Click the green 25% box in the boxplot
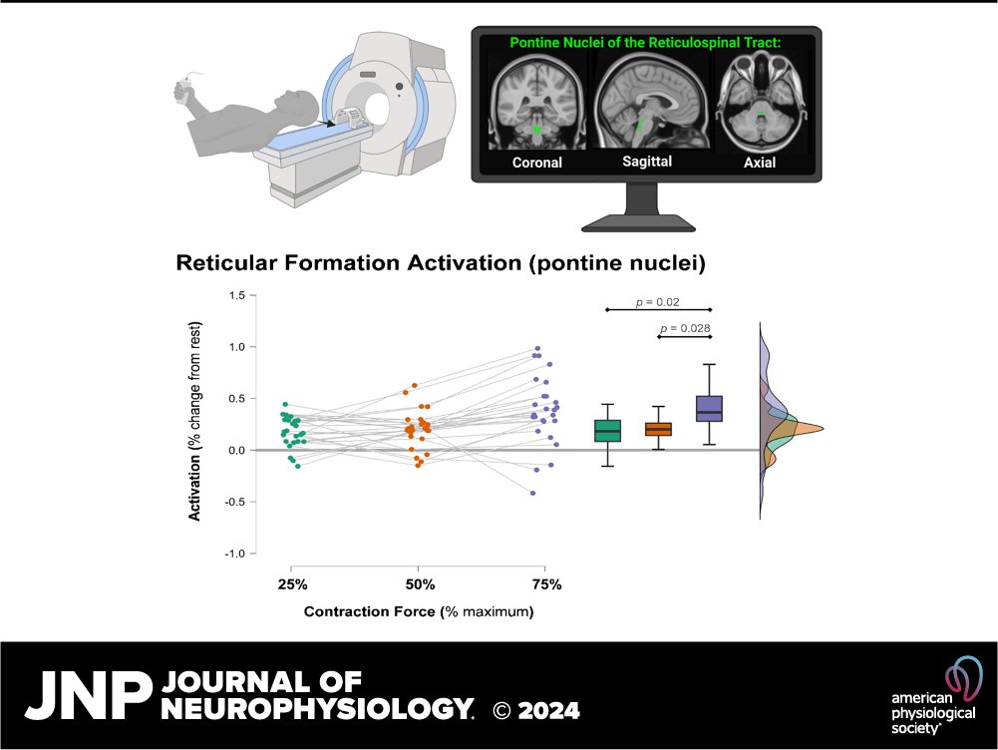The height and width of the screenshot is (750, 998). coord(607,430)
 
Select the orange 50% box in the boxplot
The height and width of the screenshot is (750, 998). coord(658,429)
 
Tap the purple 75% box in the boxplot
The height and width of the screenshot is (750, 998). coord(710,408)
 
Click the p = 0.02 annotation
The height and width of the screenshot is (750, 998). coord(657,301)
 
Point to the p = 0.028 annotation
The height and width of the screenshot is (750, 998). coord(684,328)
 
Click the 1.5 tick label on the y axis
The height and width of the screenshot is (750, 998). coord(236,295)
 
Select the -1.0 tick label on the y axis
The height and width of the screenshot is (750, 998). coord(234,554)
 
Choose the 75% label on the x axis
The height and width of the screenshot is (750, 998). coord(546,583)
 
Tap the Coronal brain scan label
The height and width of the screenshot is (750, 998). coord(537,163)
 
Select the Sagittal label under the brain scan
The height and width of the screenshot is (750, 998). coord(645,162)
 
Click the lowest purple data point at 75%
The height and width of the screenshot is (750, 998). coord(533,493)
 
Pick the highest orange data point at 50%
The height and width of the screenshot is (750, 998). coord(414,385)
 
